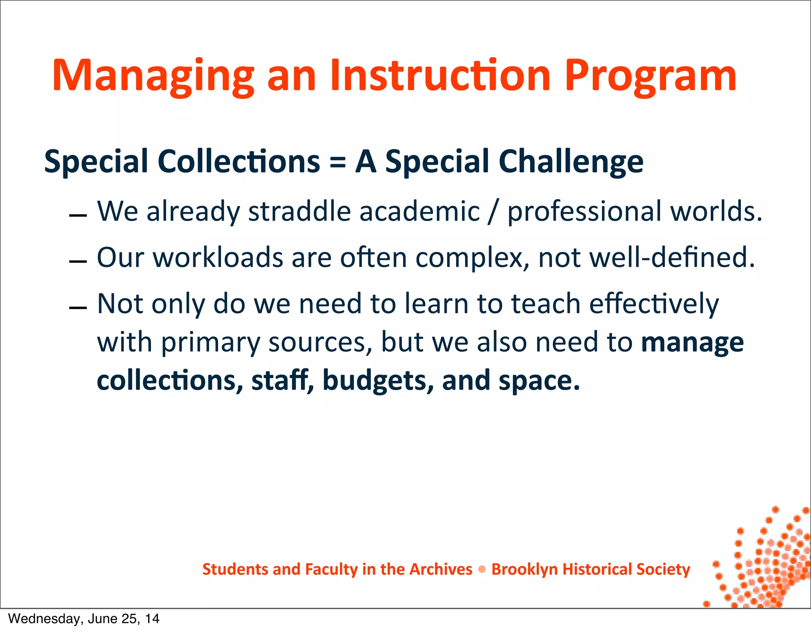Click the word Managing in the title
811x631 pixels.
152,76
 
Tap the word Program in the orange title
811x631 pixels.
650,76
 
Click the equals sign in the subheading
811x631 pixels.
337,162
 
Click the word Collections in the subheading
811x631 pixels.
239,162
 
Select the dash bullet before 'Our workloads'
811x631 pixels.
78,262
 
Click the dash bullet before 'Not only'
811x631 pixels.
78,308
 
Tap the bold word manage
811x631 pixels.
692,343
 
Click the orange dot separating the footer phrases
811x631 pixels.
482,570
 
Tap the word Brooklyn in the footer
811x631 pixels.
524,570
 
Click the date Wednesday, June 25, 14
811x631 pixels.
84,619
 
